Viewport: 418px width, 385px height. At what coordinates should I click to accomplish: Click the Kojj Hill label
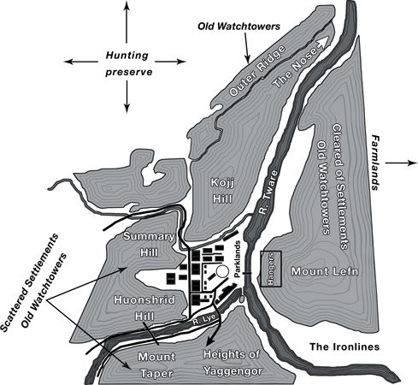point(222,191)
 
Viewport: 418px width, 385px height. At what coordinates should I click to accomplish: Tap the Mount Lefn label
point(325,271)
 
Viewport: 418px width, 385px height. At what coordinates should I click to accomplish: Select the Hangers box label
point(271,269)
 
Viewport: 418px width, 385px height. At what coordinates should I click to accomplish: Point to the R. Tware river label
point(268,192)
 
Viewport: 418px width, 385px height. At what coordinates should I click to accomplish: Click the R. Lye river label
point(203,320)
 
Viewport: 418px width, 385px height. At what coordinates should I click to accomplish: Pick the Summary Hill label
point(149,245)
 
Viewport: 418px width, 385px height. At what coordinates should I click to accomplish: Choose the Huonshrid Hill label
point(144,308)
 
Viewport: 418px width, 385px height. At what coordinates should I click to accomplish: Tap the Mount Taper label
point(156,365)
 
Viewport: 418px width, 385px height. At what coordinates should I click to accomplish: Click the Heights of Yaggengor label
point(232,363)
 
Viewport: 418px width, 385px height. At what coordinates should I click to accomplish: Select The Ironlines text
point(344,346)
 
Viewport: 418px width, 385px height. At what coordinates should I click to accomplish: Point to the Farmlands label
point(375,163)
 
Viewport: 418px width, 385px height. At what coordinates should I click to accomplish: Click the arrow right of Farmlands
point(401,163)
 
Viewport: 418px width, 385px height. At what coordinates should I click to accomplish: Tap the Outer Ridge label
point(257,70)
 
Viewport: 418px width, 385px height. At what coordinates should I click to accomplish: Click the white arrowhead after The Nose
point(323,43)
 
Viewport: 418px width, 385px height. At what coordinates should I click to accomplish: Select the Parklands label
point(238,259)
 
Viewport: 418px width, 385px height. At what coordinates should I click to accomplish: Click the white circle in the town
point(222,271)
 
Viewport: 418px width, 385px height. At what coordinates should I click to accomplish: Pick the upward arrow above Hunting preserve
point(127,22)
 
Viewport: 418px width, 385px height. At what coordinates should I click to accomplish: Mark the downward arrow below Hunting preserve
point(127,97)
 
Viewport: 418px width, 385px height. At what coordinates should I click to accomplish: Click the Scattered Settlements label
point(29,283)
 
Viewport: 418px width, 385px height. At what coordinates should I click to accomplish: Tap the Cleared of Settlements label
point(340,187)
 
